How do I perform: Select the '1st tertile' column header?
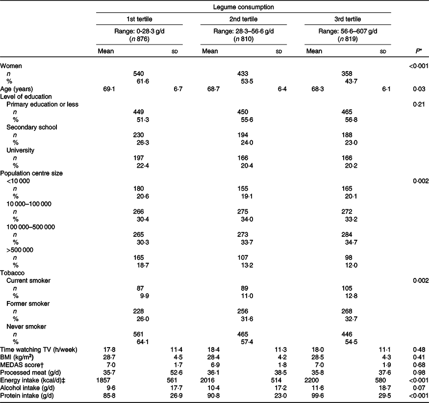tap(139, 20)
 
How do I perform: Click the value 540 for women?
tap(139, 74)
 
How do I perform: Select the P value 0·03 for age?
tap(420, 89)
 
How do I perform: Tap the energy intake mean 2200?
tap(314, 379)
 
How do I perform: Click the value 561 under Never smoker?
tap(139, 334)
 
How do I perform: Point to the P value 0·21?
tap(420, 104)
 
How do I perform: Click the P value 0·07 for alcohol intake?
tap(420, 387)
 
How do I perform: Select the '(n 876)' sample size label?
tap(139, 39)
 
